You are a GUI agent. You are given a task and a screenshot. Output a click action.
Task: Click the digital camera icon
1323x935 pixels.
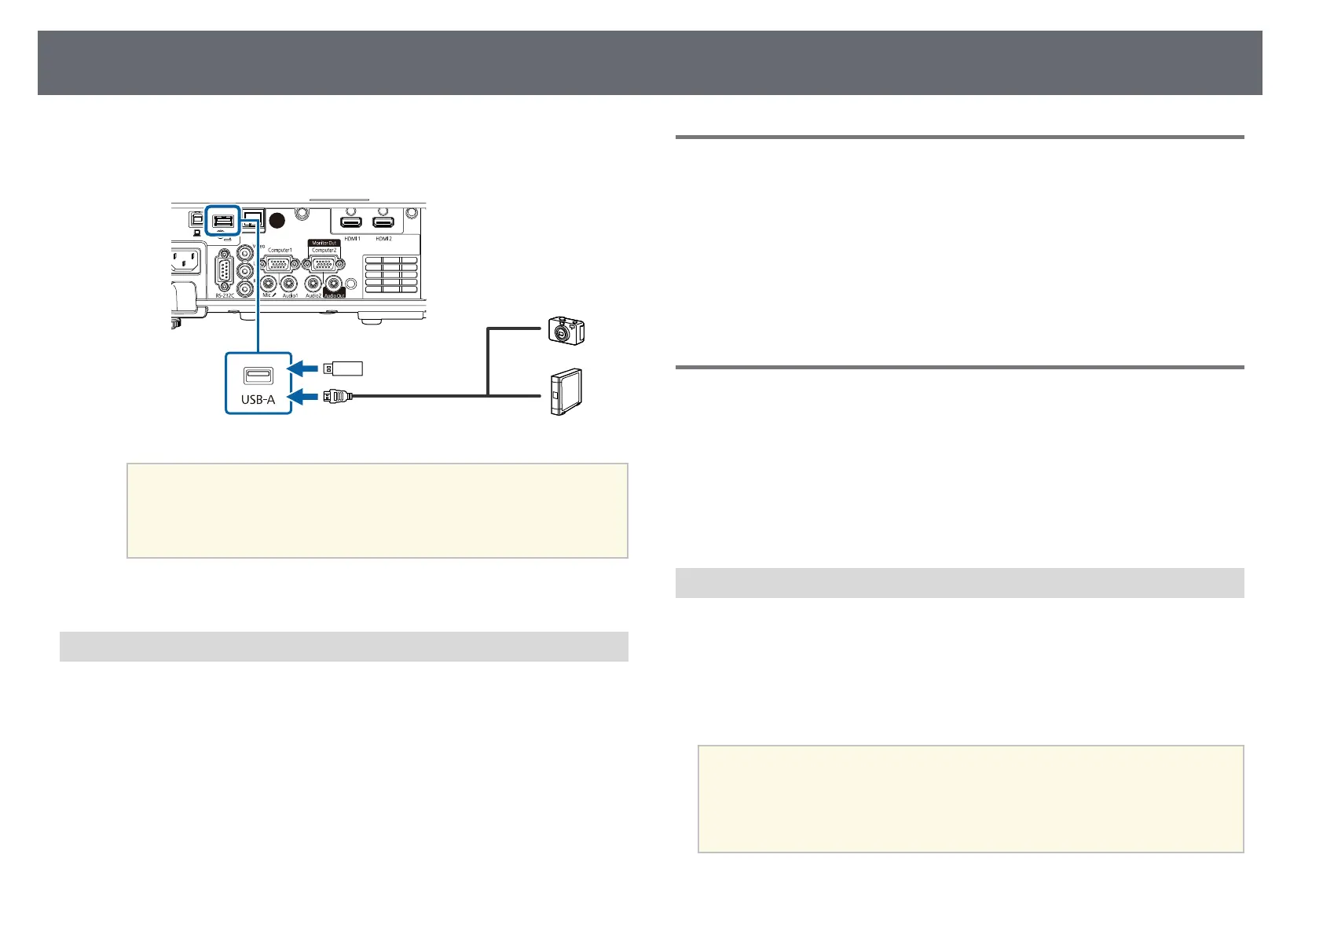pos(566,331)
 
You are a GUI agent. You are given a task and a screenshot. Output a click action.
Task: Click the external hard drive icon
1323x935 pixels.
pos(565,391)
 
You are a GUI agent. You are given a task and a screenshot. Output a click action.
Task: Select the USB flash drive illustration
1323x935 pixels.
pos(342,368)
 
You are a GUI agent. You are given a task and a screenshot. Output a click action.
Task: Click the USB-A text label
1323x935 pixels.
pos(258,399)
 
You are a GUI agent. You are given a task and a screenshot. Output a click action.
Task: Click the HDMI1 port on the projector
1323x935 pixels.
pos(351,223)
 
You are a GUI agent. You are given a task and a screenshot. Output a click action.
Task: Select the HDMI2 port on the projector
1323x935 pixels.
pos(383,223)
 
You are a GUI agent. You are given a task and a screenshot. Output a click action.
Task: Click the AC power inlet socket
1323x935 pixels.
pos(185,262)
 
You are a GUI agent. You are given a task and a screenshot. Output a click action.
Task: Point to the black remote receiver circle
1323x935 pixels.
pos(277,221)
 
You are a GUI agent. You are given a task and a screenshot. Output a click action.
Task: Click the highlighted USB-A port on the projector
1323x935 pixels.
pos(222,221)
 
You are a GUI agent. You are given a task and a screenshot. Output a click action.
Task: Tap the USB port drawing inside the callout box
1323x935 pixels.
pos(258,375)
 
